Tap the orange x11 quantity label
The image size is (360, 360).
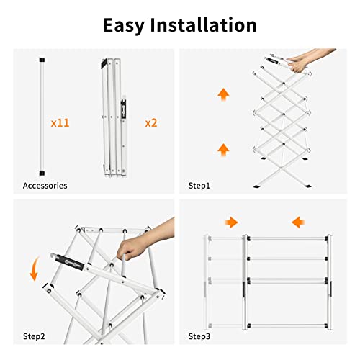(60, 122)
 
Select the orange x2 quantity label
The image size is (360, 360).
(150, 122)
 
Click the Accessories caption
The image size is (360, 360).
(45, 185)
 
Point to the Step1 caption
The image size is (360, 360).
(199, 185)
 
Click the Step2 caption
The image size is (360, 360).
(34, 336)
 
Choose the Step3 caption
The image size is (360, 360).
(199, 336)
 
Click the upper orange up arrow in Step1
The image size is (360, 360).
(223, 94)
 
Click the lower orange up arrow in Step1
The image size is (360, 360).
(223, 149)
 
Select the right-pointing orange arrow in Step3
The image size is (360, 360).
(230, 222)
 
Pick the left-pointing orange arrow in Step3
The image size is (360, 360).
(298, 222)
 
